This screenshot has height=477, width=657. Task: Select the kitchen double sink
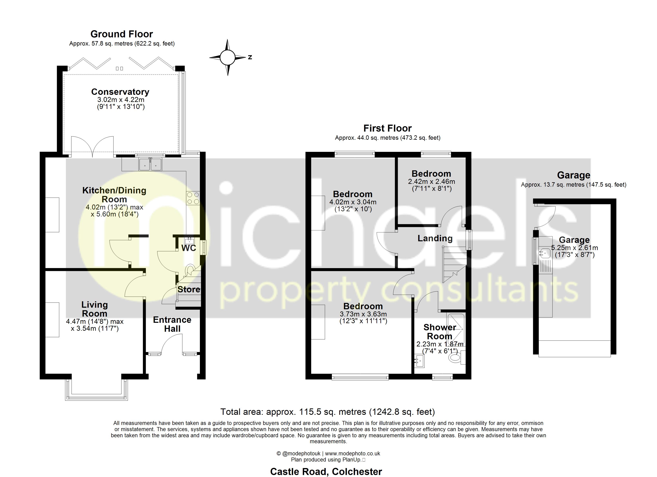(150, 164)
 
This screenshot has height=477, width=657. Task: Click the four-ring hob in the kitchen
(193, 198)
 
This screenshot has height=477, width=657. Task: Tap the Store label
(189, 289)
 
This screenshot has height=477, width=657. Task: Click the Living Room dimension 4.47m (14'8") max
(95, 321)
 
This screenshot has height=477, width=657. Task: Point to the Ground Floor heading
(122, 34)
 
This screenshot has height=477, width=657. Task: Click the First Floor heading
(387, 128)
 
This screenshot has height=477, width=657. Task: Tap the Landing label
(435, 238)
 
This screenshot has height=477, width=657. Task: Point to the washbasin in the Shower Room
(419, 361)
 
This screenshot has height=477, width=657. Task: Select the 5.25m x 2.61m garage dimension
(574, 248)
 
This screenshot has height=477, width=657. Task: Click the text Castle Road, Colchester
(326, 471)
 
